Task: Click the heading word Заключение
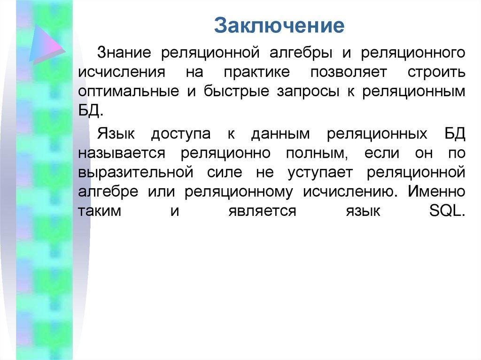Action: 279,26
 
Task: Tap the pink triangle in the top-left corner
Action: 47,43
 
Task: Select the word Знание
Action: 124,53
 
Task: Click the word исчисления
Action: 122,72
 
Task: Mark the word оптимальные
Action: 129,92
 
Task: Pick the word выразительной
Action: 136,172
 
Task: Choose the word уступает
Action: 320,172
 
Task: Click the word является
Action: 262,211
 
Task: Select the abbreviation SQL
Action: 447,211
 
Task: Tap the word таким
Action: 100,211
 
